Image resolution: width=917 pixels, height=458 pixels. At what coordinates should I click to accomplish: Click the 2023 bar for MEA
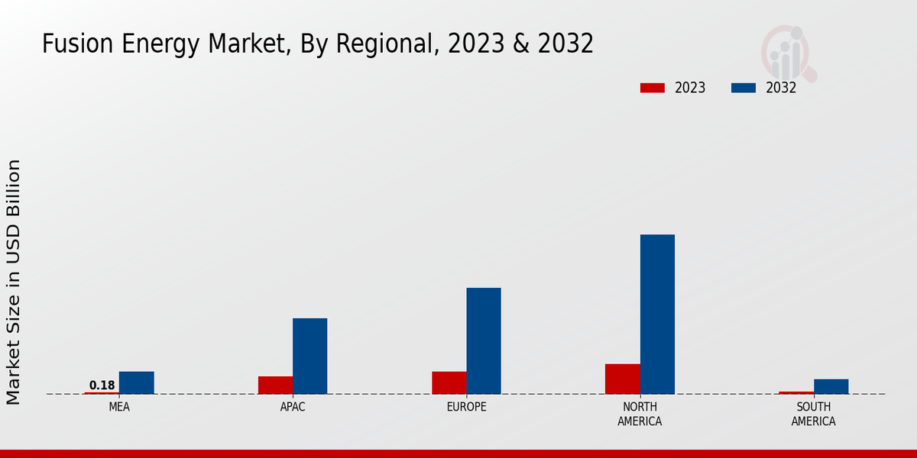[x=102, y=392]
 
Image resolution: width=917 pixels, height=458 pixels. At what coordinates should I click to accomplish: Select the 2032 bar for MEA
[x=136, y=382]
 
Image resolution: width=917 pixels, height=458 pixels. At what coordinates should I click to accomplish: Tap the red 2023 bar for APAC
[x=275, y=385]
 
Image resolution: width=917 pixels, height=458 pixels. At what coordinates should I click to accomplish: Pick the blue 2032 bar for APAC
[x=309, y=356]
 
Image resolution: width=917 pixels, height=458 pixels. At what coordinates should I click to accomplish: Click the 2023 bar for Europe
[x=449, y=382]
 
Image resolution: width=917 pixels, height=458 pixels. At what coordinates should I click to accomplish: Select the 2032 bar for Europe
[x=484, y=340]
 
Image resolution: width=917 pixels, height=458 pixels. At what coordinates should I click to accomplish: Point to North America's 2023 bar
[x=623, y=379]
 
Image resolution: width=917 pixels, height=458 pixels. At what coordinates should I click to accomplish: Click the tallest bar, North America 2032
[x=657, y=314]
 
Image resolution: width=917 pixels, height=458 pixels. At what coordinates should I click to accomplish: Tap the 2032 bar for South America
[x=831, y=386]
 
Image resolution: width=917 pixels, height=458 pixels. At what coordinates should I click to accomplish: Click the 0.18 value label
[x=102, y=385]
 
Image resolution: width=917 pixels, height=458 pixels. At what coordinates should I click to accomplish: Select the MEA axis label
[x=119, y=407]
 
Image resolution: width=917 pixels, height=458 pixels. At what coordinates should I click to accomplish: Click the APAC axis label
[x=293, y=407]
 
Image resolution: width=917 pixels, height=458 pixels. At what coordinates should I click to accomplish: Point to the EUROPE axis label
[x=466, y=407]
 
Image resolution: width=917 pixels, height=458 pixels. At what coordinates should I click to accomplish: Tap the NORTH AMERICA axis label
[x=640, y=414]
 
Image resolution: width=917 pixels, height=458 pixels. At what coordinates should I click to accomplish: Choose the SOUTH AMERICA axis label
[x=813, y=414]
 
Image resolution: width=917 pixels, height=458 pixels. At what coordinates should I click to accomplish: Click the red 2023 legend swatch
[x=653, y=88]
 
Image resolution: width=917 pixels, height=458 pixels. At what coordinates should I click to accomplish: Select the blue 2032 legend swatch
[x=744, y=88]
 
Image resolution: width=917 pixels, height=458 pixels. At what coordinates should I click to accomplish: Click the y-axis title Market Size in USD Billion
[x=14, y=282]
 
